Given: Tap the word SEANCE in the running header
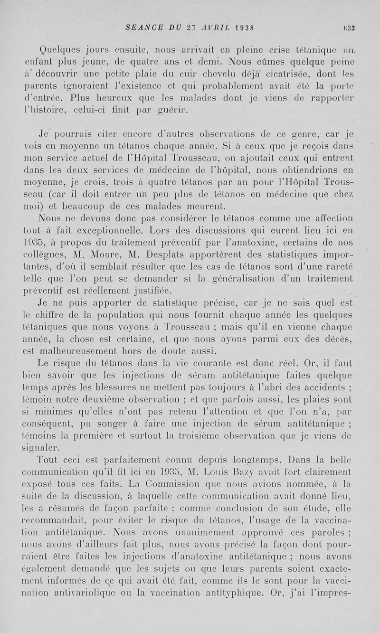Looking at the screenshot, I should [141, 28].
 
